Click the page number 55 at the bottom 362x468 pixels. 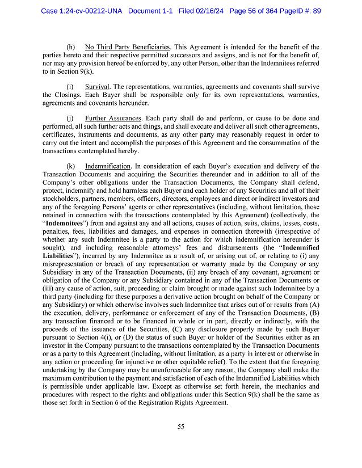click(180, 427)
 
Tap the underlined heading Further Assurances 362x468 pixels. click(113, 118)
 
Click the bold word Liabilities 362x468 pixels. click(61, 256)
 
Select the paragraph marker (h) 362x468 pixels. click(71, 47)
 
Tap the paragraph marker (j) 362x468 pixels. click(70, 118)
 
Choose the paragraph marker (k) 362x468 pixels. click(71, 166)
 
